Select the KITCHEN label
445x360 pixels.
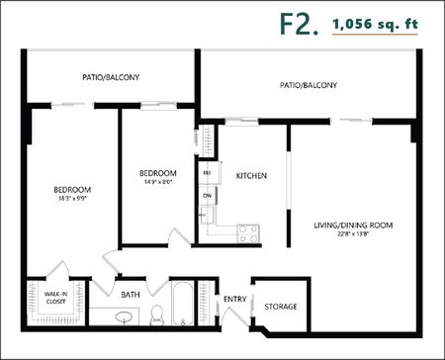point(251,176)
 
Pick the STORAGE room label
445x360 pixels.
point(280,307)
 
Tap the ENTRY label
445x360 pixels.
point(234,300)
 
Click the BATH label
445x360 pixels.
point(131,294)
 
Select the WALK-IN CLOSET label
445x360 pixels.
point(55,297)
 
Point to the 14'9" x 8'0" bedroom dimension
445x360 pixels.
point(157,182)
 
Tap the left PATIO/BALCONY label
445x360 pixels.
point(111,75)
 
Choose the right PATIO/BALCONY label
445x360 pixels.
point(308,85)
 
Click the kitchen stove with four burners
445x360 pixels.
point(246,234)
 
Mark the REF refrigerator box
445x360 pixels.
point(208,174)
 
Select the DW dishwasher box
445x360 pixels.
point(208,196)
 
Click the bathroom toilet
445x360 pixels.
point(157,315)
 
